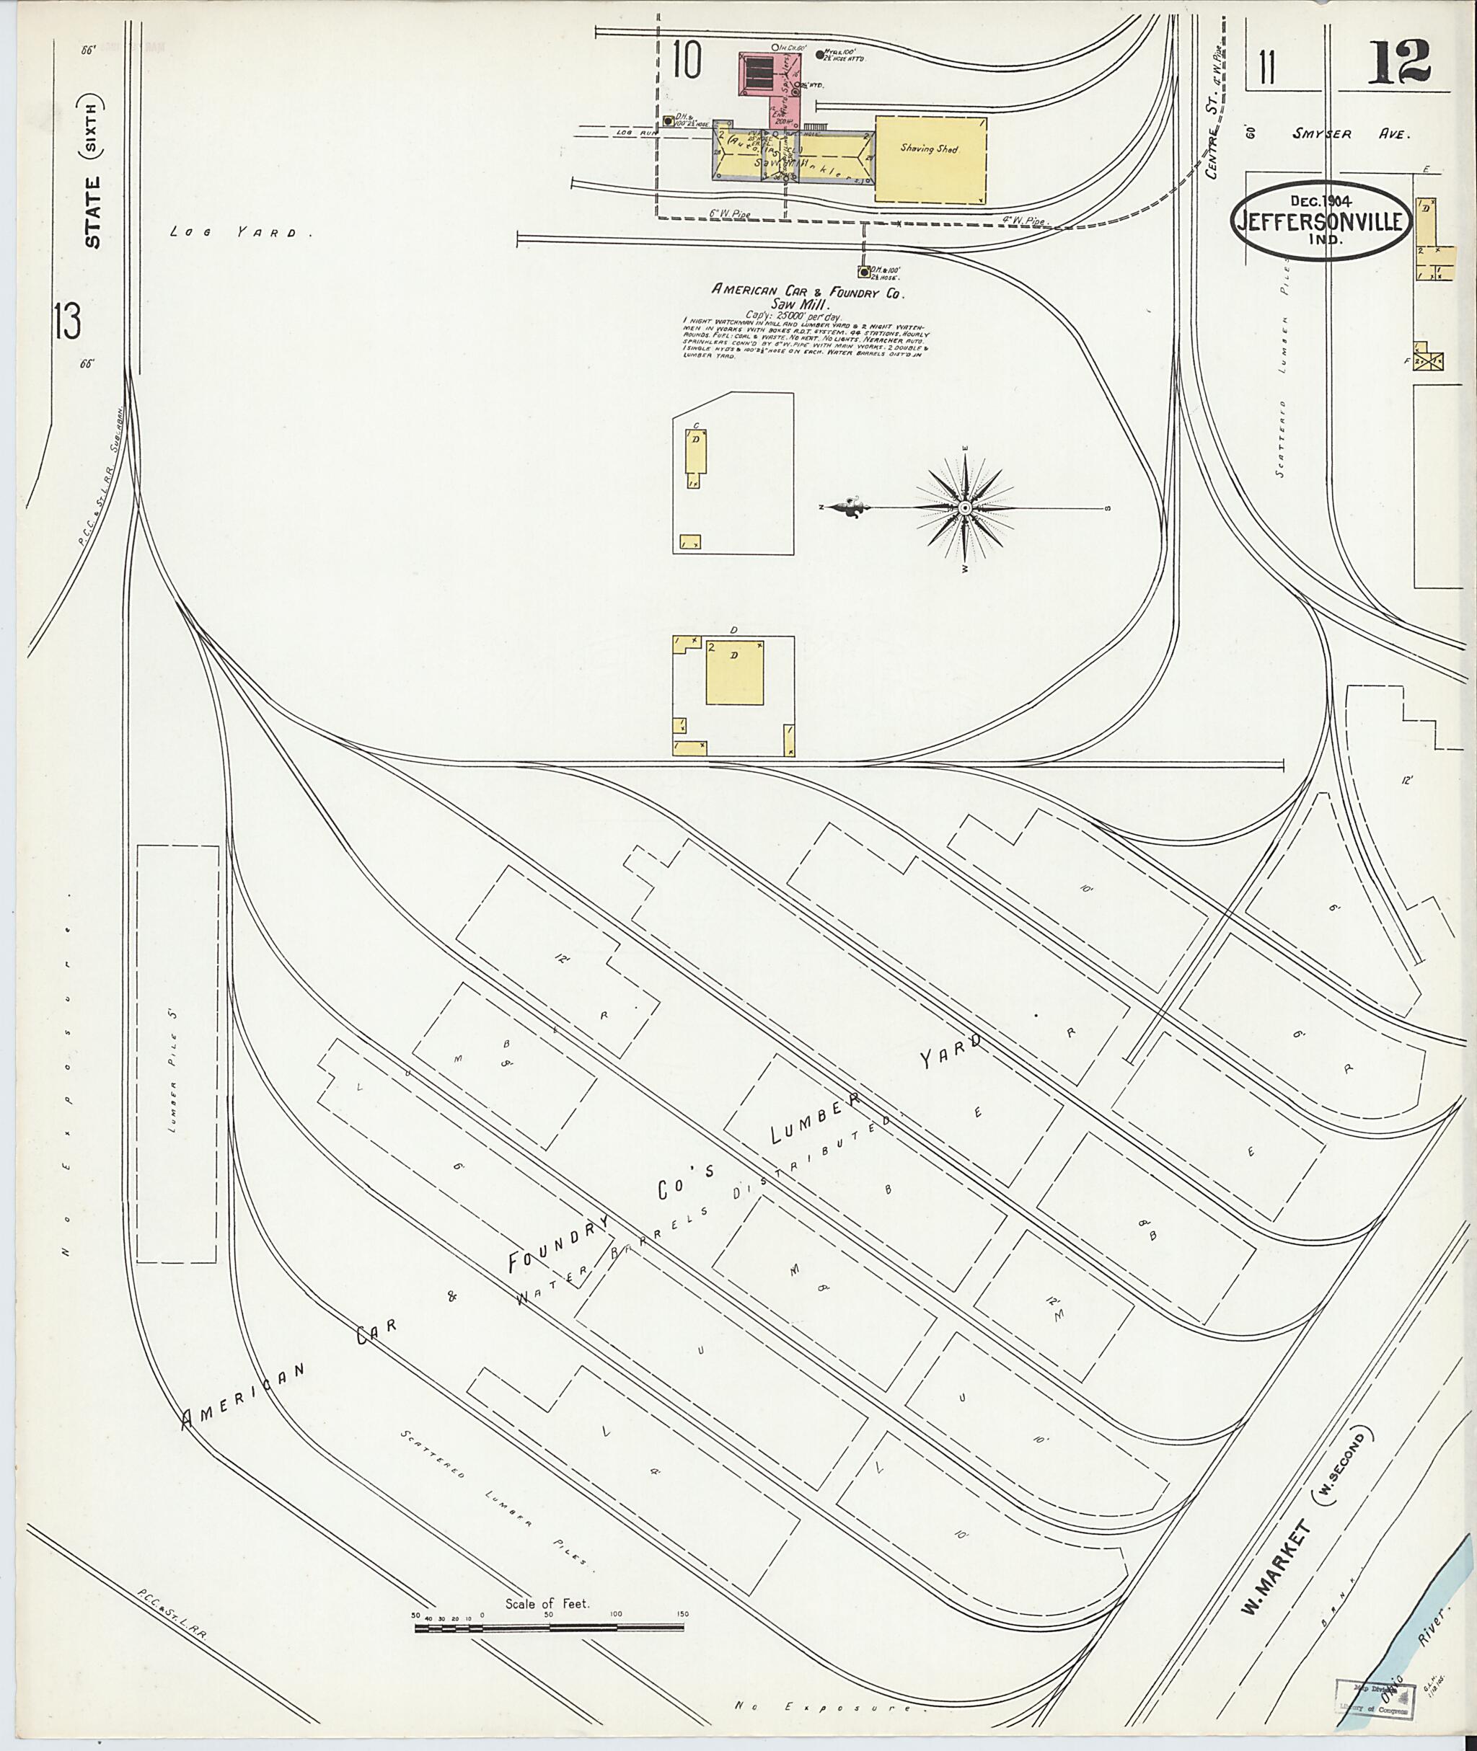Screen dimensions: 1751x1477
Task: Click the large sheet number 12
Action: [1399, 62]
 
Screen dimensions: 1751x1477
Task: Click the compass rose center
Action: [964, 508]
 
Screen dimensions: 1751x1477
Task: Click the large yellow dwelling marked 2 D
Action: [734, 673]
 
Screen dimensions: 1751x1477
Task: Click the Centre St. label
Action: [1212, 134]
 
